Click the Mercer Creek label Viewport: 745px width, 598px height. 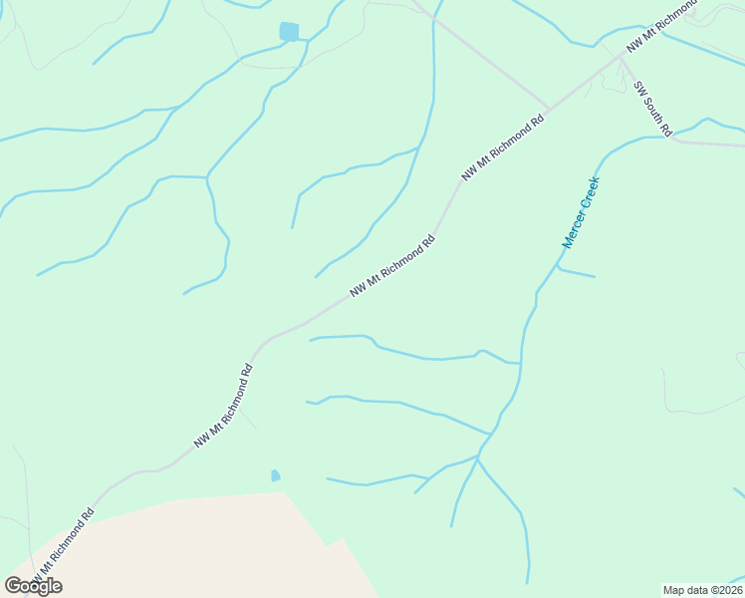(581, 212)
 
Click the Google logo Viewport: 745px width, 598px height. (33, 586)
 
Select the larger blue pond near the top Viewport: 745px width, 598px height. (289, 32)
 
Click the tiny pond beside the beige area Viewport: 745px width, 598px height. (275, 476)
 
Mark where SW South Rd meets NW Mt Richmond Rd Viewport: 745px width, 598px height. (620, 57)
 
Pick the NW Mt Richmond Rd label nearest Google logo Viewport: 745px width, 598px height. (62, 548)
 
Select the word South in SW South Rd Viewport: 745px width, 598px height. (655, 110)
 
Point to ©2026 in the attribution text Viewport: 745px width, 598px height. (724, 590)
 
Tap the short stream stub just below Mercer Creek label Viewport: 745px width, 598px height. (577, 272)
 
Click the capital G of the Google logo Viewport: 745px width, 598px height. (13, 586)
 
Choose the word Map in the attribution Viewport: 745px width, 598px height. (673, 590)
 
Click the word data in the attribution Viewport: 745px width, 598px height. (695, 590)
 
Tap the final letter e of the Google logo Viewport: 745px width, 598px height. (56, 587)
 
